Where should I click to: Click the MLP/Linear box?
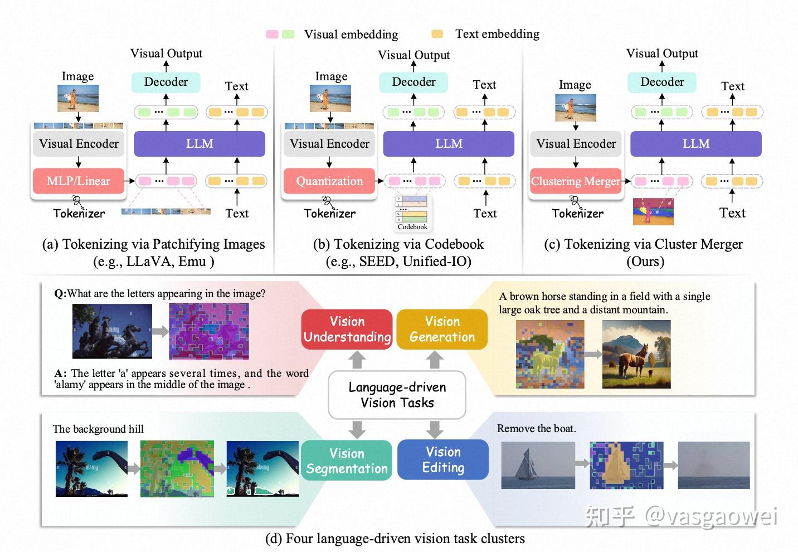78,181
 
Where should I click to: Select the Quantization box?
329,181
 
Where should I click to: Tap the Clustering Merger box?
575,181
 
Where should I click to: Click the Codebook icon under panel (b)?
412,212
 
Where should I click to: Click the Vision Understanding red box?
347,330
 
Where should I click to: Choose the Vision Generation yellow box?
442,330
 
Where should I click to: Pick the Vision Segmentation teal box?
347,461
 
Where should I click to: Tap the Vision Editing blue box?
443,460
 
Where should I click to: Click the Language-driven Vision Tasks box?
397,395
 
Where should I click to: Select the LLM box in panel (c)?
695,144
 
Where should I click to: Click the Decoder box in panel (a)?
166,82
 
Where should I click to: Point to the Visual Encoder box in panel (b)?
329,144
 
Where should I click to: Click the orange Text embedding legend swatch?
437,34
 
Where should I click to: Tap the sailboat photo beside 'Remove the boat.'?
538,465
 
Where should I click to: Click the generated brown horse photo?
636,355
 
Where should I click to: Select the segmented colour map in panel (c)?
653,211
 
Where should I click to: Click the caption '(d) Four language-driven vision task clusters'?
395,539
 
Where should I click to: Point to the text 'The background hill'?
98,429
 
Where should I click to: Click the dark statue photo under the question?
112,331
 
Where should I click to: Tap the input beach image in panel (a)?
78,98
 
